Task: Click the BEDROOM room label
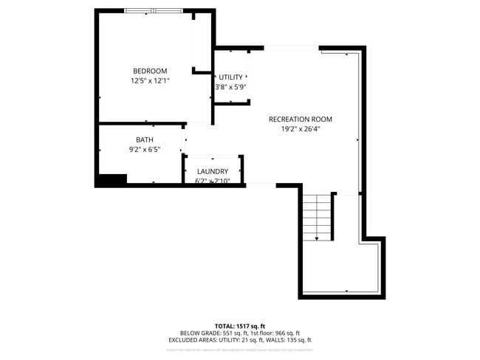[x=150, y=71]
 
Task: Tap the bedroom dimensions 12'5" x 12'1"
[x=150, y=81]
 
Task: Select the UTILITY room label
[x=230, y=77]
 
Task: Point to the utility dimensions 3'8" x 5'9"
[x=230, y=87]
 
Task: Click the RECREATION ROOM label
[x=300, y=119]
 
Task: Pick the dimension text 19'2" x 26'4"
[x=300, y=128]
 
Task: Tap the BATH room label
[x=145, y=139]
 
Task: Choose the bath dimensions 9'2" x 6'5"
[x=145, y=149]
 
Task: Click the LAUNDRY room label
[x=213, y=171]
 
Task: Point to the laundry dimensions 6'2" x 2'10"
[x=213, y=181]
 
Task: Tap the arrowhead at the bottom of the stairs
[x=317, y=238]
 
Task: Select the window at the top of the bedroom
[x=153, y=10]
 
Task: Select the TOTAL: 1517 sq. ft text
[x=240, y=325]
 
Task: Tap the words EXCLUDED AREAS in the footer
[x=191, y=340]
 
